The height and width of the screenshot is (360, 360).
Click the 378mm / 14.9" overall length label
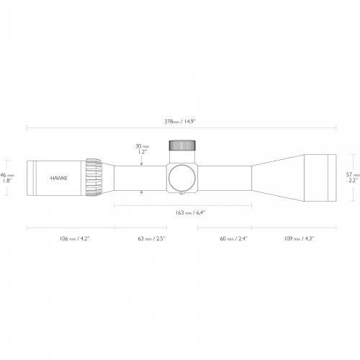coord(179,120)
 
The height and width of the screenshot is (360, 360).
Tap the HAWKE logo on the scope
coord(58,176)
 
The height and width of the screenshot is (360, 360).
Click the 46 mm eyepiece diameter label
coord(6,175)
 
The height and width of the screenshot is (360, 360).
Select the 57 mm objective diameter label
coord(351,175)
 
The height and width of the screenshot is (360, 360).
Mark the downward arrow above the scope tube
coord(142,160)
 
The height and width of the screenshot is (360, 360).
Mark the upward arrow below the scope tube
coord(142,193)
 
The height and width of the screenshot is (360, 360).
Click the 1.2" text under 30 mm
coord(142,153)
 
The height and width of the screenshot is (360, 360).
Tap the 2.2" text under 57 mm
coord(351,181)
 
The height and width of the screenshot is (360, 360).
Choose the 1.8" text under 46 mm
coord(6,181)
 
